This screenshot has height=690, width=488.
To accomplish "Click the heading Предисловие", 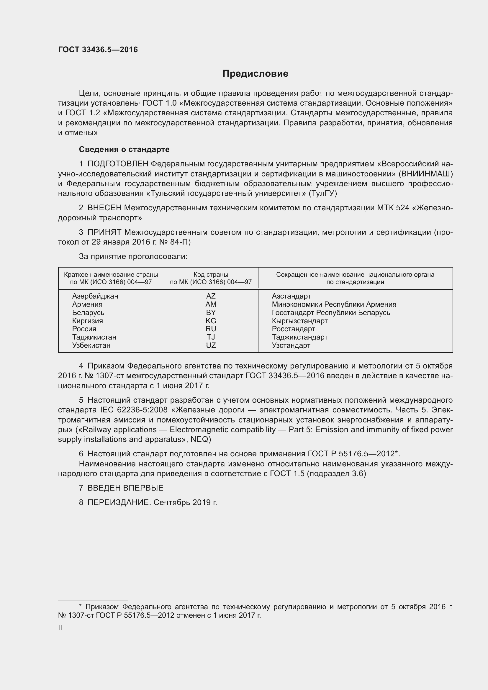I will pos(255,74).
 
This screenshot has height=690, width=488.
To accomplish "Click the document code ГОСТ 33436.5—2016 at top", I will pos(98,50).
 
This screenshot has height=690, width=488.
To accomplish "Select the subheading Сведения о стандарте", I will pos(124,149).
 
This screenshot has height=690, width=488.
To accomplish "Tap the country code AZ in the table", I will pos(211,296).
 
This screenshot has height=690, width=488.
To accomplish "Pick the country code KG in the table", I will pos(211,321).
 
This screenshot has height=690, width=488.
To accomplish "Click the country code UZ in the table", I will pos(211,345).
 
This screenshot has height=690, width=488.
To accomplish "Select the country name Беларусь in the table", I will pos(88,312).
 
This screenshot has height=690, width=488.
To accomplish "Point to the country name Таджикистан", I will pos(94,337).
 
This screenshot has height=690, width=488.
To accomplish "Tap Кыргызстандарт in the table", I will pos(299,321).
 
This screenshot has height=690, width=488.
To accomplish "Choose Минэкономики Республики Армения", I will pos(334,304).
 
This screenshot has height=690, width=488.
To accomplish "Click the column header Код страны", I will pos(211,274).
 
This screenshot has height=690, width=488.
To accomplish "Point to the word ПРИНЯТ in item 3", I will pos(104,232).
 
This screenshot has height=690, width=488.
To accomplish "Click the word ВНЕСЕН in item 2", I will pos(104,208).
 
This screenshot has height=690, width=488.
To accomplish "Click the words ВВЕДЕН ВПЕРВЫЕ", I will pos(125,488).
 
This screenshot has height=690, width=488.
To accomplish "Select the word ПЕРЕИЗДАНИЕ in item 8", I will pos(118,502).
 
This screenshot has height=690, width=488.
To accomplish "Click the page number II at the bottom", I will pos(60,627).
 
